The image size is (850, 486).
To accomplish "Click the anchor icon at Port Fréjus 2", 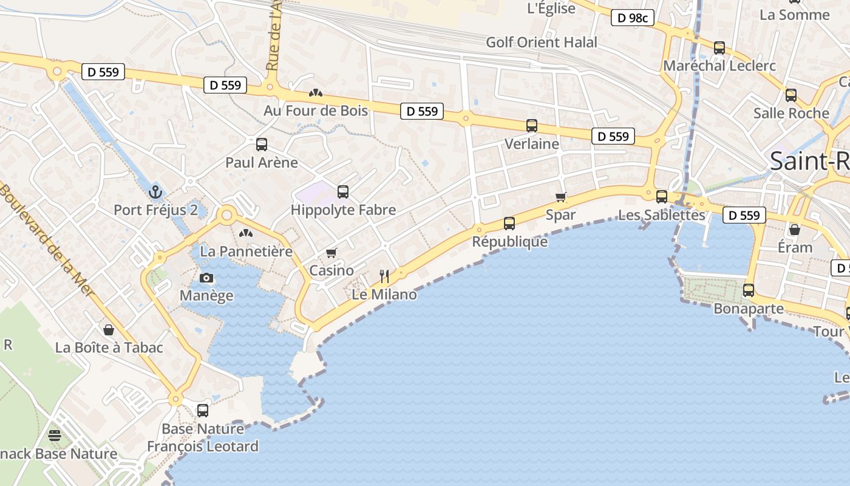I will click(x=156, y=193).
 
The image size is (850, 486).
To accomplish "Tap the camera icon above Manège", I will click(x=206, y=278).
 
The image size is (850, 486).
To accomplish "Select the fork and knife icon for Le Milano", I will click(x=384, y=276).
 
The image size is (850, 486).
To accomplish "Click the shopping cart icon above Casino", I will click(x=331, y=253).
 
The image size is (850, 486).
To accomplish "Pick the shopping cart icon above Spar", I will click(x=561, y=197).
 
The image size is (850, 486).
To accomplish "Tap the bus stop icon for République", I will click(x=509, y=224).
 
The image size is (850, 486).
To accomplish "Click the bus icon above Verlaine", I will click(x=532, y=126).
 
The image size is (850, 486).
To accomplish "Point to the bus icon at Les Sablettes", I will click(x=662, y=197).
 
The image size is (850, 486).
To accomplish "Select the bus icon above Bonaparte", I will click(x=749, y=290).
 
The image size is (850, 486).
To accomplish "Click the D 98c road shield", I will click(x=632, y=18).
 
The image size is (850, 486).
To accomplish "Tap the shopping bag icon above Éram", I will click(x=794, y=230).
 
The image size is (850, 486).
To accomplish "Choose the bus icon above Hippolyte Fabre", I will click(x=343, y=192).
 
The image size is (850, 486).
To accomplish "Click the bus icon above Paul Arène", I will click(x=262, y=145).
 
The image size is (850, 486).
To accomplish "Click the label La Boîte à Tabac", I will click(x=109, y=347).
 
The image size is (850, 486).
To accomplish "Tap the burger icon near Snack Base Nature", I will click(x=55, y=435).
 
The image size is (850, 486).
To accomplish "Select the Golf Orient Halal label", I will click(x=542, y=43).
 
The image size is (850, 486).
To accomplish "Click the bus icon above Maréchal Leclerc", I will click(x=719, y=47).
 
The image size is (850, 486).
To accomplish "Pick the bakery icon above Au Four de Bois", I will click(x=315, y=93).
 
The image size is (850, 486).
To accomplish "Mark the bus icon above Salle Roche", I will click(x=791, y=95).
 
